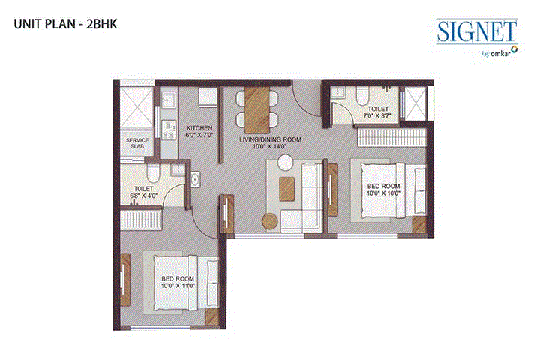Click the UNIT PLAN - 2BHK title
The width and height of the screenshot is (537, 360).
(64, 23)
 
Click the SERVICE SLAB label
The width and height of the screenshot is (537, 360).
(136, 143)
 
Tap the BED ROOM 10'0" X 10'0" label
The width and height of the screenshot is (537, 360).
(383, 189)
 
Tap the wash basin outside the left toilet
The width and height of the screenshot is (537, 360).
(194, 179)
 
